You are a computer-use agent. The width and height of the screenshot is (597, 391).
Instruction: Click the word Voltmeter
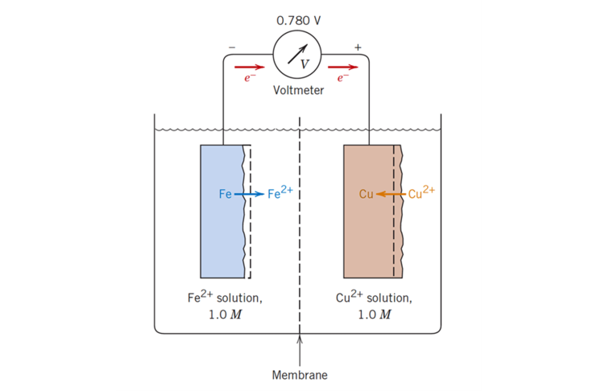tap(298, 90)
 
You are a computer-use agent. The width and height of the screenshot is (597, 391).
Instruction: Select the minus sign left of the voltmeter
tap(232, 47)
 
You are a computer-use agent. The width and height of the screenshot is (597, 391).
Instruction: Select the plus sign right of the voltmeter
tap(358, 47)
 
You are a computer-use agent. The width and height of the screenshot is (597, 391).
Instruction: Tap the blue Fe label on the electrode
tap(225, 194)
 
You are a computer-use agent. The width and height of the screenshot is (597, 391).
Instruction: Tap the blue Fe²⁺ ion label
tap(280, 193)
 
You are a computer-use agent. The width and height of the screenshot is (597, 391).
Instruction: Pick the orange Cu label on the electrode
tap(366, 194)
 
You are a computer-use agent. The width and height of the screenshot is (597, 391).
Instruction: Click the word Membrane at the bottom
tap(300, 375)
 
